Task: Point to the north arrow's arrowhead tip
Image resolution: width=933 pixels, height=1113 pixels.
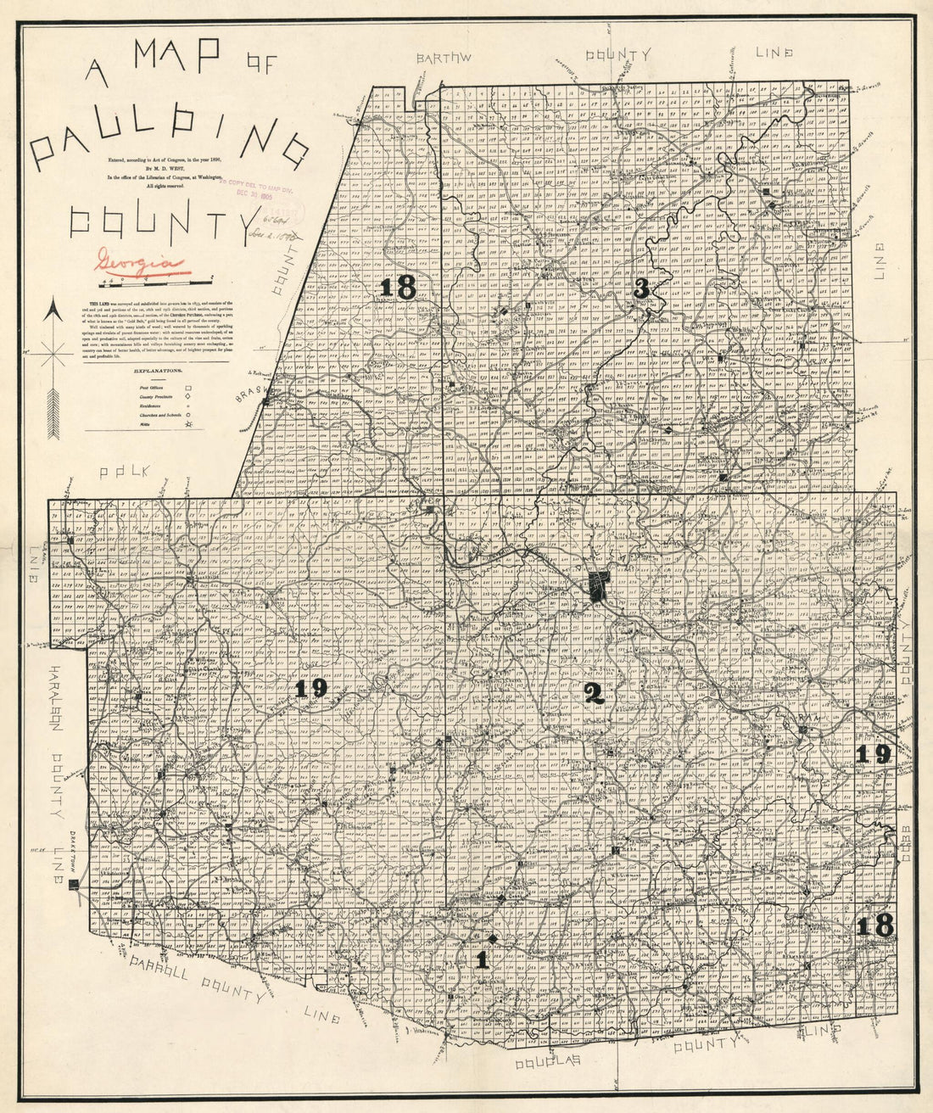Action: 53,303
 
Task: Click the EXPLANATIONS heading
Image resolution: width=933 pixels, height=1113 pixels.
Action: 154,371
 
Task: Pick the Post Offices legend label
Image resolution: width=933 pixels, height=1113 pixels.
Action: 151,388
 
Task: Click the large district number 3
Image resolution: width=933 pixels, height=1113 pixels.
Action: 641,288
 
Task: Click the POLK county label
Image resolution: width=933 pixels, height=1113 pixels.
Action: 123,472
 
